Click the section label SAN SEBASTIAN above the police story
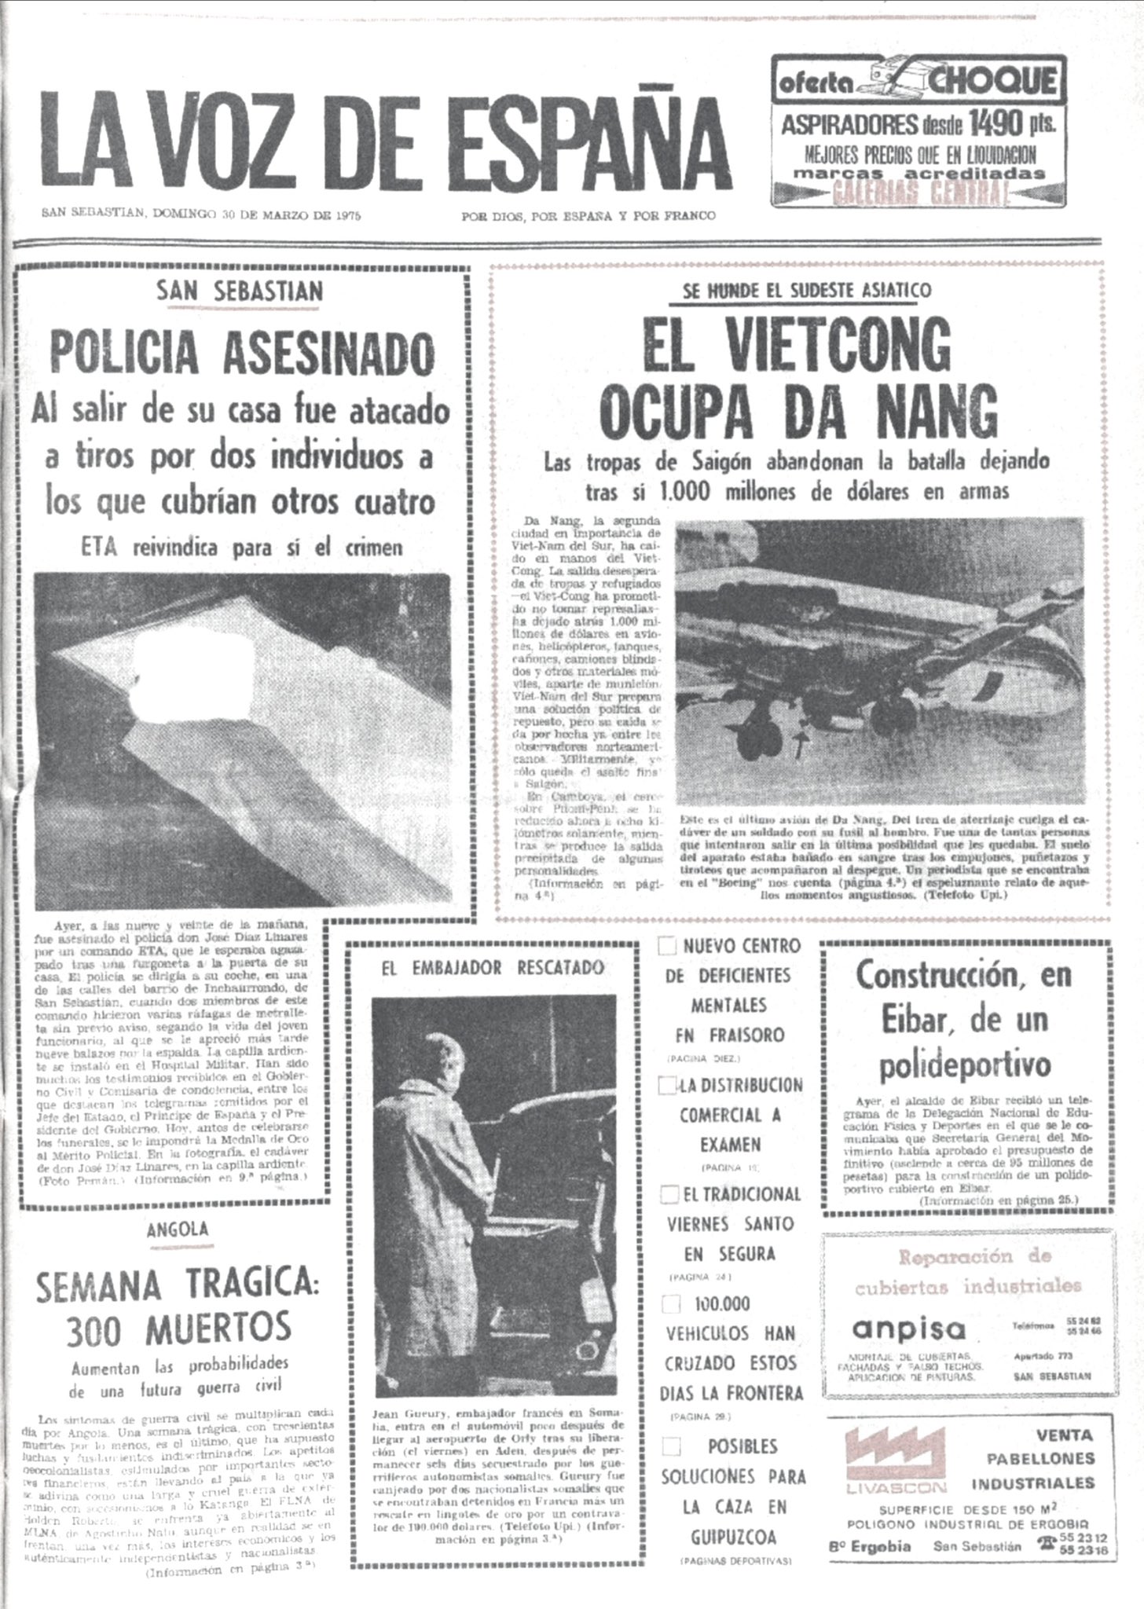240,291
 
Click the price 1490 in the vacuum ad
999,123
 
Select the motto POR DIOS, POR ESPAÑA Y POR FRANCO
588,216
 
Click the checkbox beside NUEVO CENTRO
667,946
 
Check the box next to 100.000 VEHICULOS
670,1304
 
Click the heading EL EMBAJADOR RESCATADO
493,968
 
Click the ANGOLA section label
177,1230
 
